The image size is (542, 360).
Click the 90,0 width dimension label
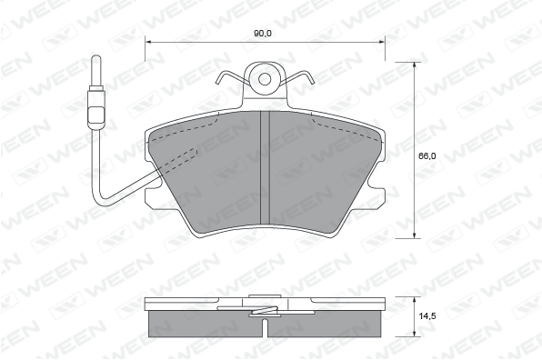[263, 34]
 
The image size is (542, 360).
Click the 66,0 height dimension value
[427, 156]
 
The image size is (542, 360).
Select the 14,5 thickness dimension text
[427, 315]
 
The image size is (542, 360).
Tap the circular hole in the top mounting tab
[265, 79]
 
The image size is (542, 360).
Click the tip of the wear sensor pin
[96, 56]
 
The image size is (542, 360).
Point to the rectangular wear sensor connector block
[96, 114]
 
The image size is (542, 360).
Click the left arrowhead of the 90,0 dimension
[148, 42]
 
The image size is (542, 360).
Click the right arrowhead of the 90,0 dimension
[382, 42]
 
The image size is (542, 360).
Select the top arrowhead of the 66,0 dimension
[414, 65]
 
